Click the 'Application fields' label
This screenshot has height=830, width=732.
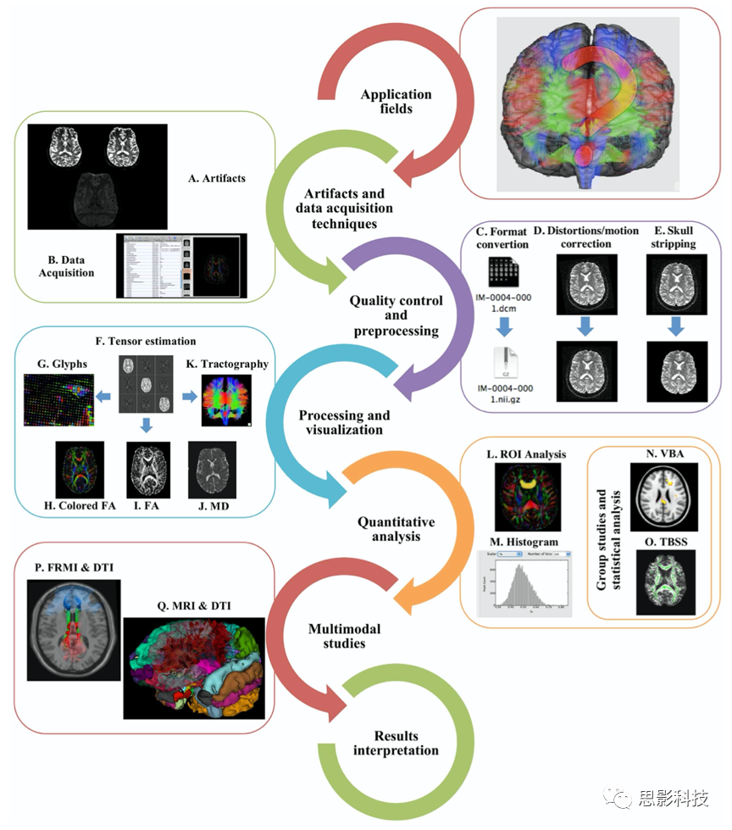pyautogui.click(x=396, y=102)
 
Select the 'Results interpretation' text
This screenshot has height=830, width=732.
pyautogui.click(x=396, y=743)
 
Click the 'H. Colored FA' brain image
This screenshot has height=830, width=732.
pyautogui.click(x=79, y=469)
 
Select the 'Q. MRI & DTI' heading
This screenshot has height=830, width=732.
pyautogui.click(x=194, y=605)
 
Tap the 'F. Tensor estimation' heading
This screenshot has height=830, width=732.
pyautogui.click(x=146, y=341)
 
